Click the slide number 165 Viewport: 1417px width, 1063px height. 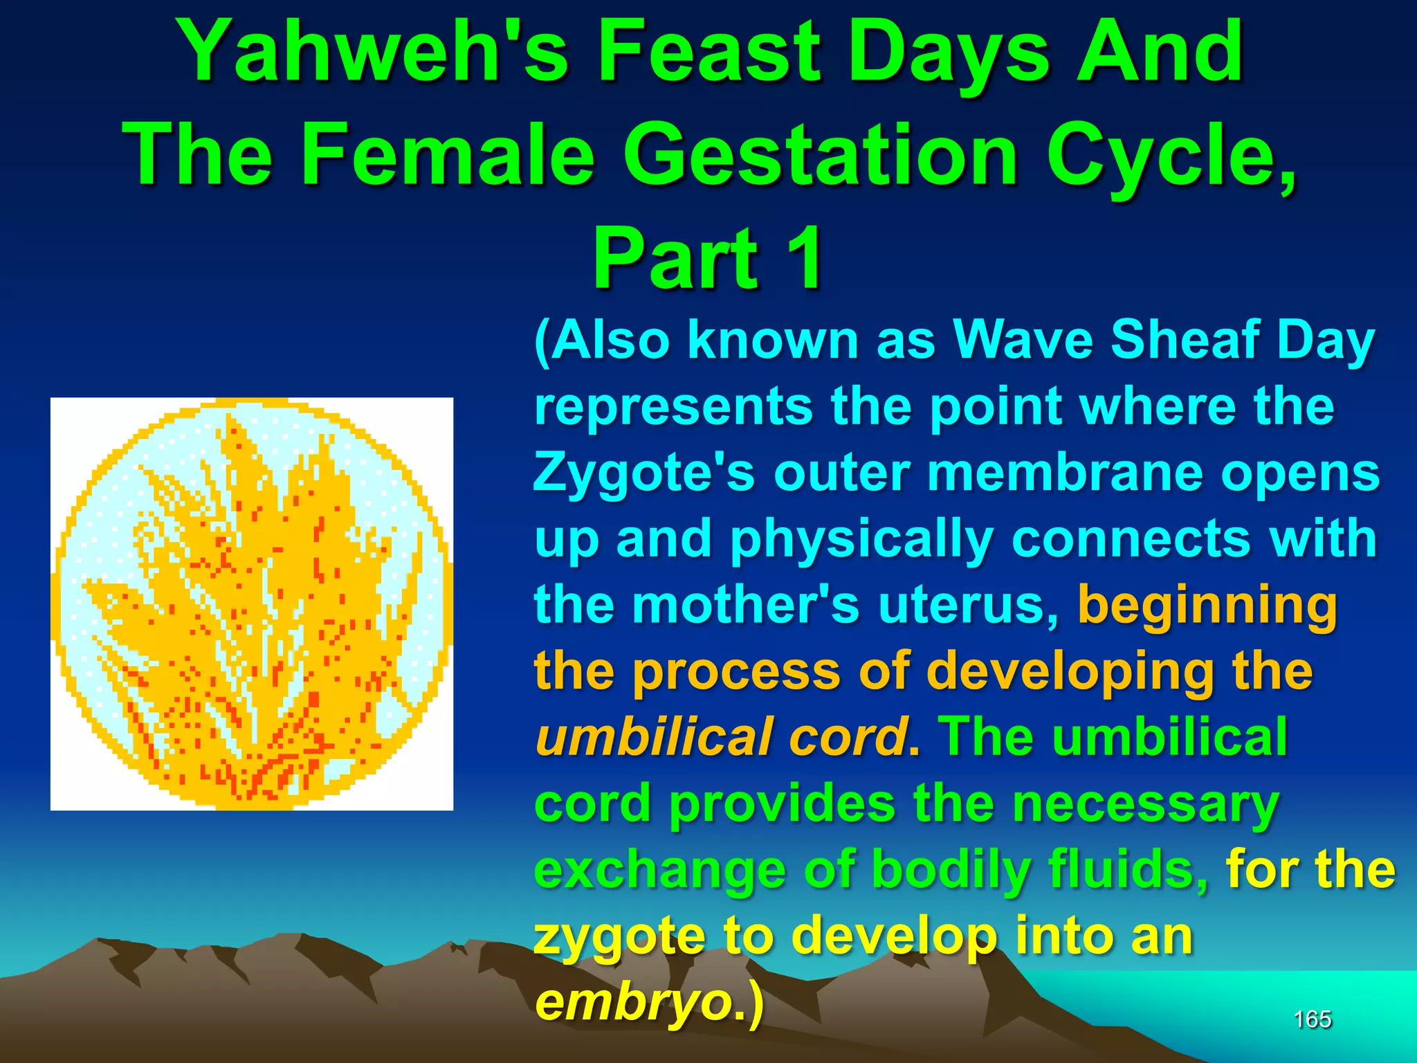click(x=1312, y=1019)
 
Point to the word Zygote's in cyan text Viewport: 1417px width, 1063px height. click(x=644, y=474)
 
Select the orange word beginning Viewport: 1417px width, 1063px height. click(x=1207, y=603)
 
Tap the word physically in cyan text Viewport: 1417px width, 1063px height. click(x=861, y=539)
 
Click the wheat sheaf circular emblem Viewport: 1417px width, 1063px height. click(x=252, y=603)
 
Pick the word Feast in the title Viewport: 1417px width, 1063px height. click(x=710, y=52)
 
